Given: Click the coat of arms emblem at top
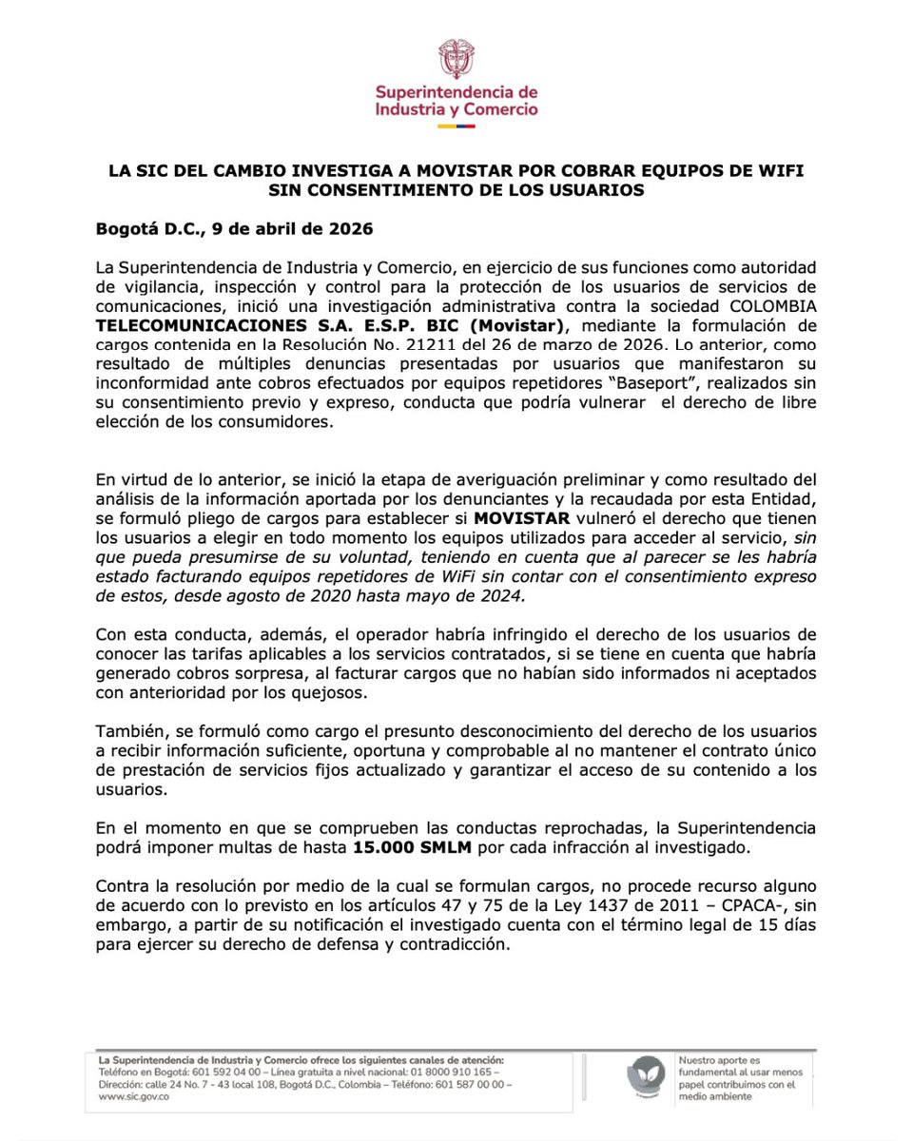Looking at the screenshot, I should click(456, 60).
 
